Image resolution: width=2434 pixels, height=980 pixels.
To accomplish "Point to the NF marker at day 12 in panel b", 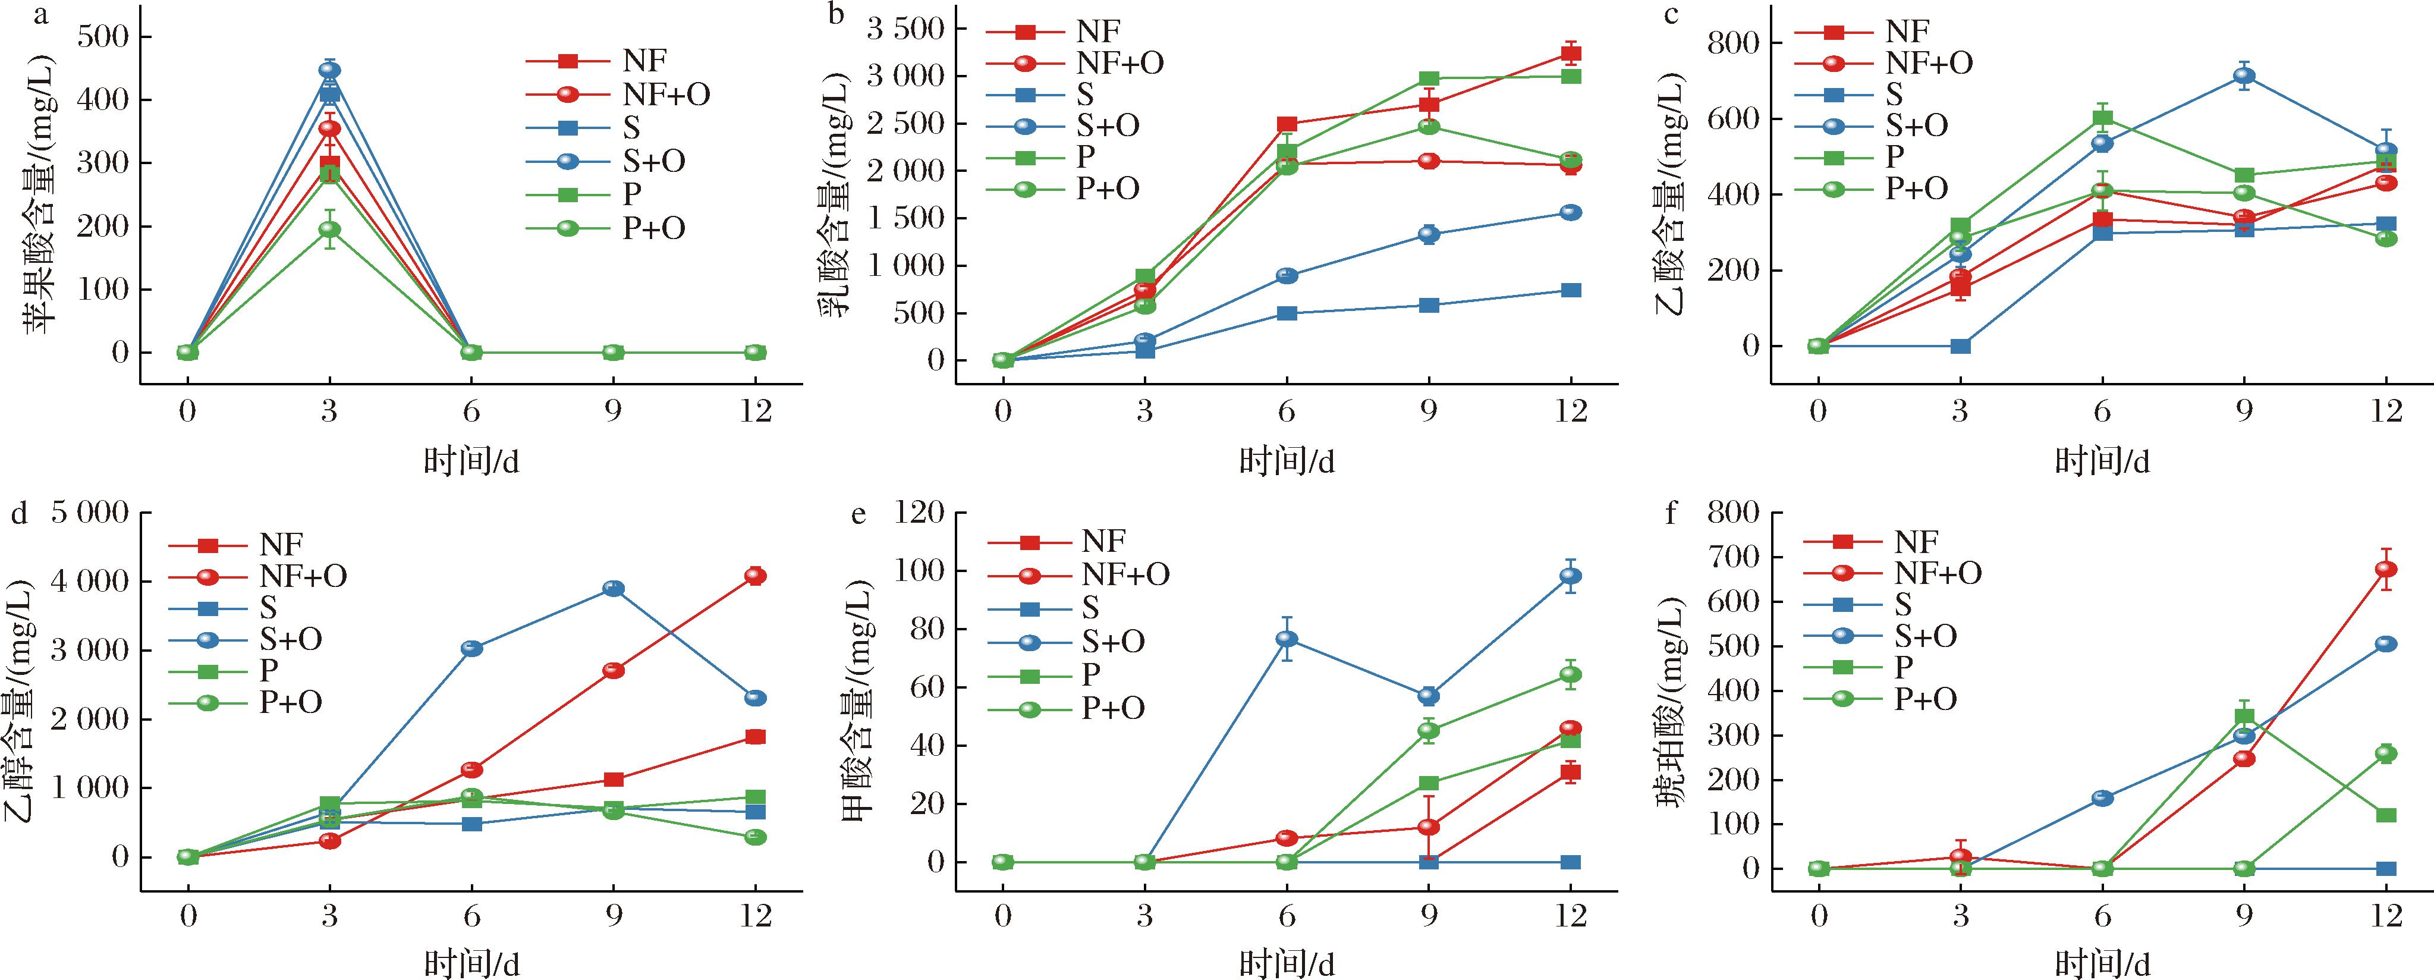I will click(1570, 54).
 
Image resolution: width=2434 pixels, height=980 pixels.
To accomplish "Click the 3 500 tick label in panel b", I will click(905, 29).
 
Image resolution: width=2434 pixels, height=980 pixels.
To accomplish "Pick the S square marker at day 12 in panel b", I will click(1570, 290).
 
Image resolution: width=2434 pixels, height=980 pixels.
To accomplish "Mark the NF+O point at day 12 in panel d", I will click(755, 576).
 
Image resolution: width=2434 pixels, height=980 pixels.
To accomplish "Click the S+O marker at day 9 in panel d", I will click(613, 589).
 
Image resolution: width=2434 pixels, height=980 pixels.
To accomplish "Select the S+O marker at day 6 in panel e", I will click(1286, 639).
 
